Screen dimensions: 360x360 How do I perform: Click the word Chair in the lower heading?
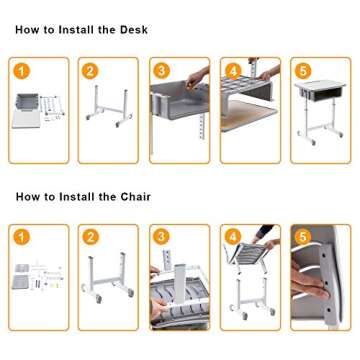tap(135, 197)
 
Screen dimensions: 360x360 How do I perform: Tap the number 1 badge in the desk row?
tap(20, 70)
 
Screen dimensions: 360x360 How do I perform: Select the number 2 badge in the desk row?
tap(90, 70)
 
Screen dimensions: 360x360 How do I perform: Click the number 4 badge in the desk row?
tap(232, 70)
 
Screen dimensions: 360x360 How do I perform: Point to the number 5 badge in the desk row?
tap(303, 70)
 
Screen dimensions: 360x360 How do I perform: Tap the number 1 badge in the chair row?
tap(20, 237)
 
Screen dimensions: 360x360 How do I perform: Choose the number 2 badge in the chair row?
tap(90, 237)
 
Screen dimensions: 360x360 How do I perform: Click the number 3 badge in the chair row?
tap(161, 237)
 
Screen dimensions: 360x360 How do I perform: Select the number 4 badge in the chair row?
tap(232, 237)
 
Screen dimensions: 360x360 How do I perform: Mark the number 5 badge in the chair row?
tap(303, 237)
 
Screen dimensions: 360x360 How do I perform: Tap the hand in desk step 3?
tap(197, 77)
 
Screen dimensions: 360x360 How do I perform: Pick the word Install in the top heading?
tap(76, 30)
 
